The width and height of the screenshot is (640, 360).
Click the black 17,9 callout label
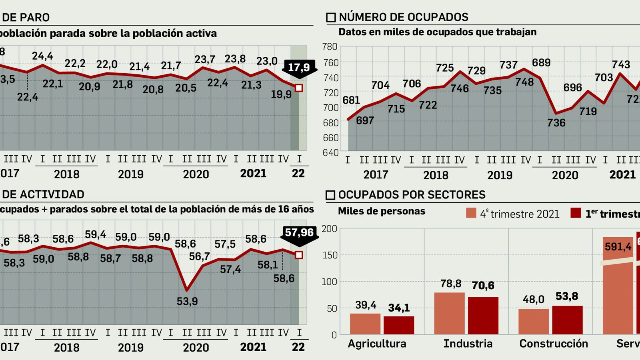[299, 67]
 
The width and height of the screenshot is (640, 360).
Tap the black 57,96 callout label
[299, 232]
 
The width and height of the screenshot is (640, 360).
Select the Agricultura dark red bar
[399, 325]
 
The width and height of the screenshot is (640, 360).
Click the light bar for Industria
[450, 313]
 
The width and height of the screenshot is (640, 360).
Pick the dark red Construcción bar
[567, 320]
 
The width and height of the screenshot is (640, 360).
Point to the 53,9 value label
[187, 301]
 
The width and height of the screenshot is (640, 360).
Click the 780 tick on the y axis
[330, 47]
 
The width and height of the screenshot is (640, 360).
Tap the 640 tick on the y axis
[330, 152]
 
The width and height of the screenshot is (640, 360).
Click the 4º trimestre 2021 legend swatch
[471, 213]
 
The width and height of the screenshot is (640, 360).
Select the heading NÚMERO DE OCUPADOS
[403, 17]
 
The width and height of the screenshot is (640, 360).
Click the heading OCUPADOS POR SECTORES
[412, 195]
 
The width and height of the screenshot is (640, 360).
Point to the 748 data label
[524, 82]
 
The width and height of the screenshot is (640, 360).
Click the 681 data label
[351, 100]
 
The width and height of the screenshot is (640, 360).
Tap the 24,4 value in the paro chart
[42, 56]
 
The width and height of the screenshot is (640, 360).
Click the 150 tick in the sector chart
[330, 255]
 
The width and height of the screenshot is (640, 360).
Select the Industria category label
[468, 344]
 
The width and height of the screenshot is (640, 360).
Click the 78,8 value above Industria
[451, 284]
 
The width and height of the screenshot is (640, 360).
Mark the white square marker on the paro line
[299, 88]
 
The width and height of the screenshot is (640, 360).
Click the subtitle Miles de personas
[382, 211]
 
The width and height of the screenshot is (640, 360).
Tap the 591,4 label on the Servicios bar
[618, 247]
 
